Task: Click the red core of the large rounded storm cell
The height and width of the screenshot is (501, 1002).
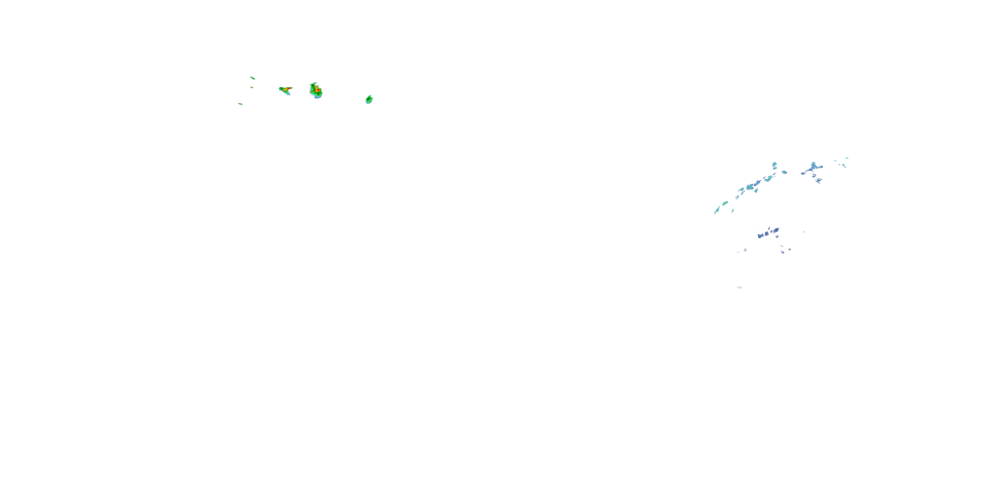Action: (318, 90)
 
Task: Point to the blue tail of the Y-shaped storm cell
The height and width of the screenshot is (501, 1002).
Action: (288, 94)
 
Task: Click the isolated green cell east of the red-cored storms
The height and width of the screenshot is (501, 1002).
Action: (369, 100)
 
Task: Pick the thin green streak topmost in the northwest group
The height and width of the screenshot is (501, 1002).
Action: (253, 78)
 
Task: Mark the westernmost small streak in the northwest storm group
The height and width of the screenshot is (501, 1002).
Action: (240, 104)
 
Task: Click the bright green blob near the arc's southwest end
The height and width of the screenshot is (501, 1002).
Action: (725, 203)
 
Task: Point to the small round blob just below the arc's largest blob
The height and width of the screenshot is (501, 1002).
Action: (756, 191)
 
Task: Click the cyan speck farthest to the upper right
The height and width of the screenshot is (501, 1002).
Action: (847, 158)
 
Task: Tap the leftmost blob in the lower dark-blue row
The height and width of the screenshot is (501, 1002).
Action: (760, 235)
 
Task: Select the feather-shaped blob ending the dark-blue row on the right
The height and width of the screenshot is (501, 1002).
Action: (776, 231)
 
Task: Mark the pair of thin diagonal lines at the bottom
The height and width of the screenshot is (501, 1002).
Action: (739, 288)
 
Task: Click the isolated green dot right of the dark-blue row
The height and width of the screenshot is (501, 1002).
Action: (804, 232)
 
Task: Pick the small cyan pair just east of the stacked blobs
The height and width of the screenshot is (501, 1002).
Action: (785, 172)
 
